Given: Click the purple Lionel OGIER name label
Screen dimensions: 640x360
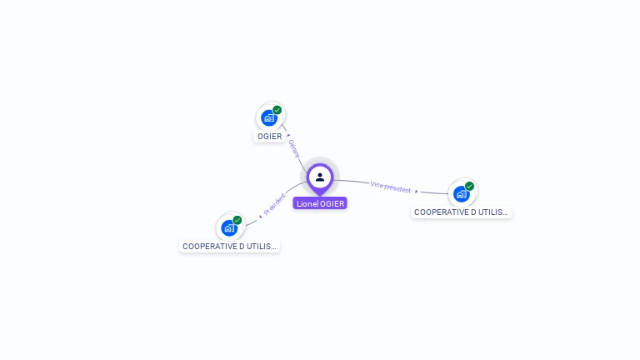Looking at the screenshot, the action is click(320, 203).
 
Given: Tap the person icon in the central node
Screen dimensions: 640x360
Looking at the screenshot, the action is click(320, 177).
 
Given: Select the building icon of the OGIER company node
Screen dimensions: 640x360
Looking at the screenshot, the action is click(268, 117).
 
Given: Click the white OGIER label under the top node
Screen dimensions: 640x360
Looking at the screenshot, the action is click(269, 136).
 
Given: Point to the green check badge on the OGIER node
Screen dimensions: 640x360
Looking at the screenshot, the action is click(277, 110).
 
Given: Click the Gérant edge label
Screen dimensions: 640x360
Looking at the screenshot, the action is click(293, 148).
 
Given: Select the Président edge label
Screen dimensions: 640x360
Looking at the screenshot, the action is click(275, 203).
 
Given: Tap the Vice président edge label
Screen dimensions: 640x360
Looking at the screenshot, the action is click(391, 187).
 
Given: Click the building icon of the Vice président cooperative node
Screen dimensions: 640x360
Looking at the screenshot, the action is click(461, 194).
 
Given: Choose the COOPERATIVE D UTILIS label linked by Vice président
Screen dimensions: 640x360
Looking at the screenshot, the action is click(462, 212).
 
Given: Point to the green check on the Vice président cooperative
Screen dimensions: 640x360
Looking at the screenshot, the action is click(470, 186).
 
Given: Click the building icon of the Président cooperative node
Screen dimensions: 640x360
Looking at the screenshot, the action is click(229, 227).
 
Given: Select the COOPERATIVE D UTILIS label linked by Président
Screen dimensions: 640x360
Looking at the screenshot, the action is click(229, 247).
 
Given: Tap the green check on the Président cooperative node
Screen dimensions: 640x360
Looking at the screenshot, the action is click(237, 220).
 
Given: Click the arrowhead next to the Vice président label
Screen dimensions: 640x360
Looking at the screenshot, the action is click(417, 192).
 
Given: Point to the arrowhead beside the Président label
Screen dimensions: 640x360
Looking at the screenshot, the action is click(260, 216).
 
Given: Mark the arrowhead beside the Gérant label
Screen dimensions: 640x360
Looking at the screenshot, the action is click(288, 134).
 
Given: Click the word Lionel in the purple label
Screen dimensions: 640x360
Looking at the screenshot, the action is click(307, 203).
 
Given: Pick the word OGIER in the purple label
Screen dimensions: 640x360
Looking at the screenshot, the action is click(332, 203).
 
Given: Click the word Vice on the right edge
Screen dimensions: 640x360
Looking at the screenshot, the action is click(377, 185).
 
